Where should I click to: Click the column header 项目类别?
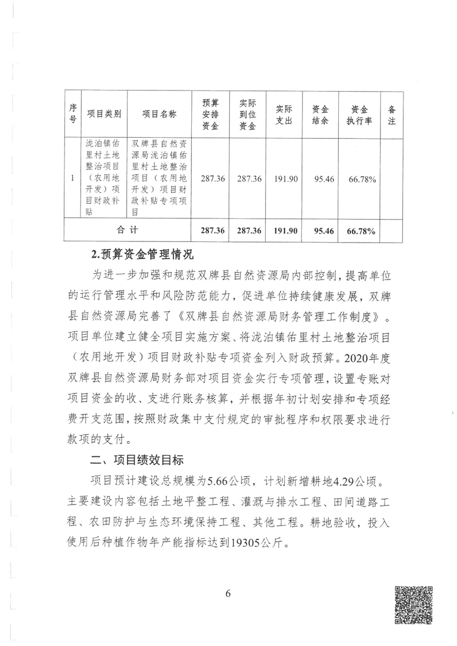(x=104, y=114)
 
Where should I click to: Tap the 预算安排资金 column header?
(x=210, y=114)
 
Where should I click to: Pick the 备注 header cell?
(x=392, y=114)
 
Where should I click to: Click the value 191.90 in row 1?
(x=285, y=179)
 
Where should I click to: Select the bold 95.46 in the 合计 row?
(x=323, y=231)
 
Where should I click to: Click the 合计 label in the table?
(x=127, y=231)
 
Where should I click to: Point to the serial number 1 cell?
(x=72, y=179)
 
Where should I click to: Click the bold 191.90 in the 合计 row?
(x=285, y=231)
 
